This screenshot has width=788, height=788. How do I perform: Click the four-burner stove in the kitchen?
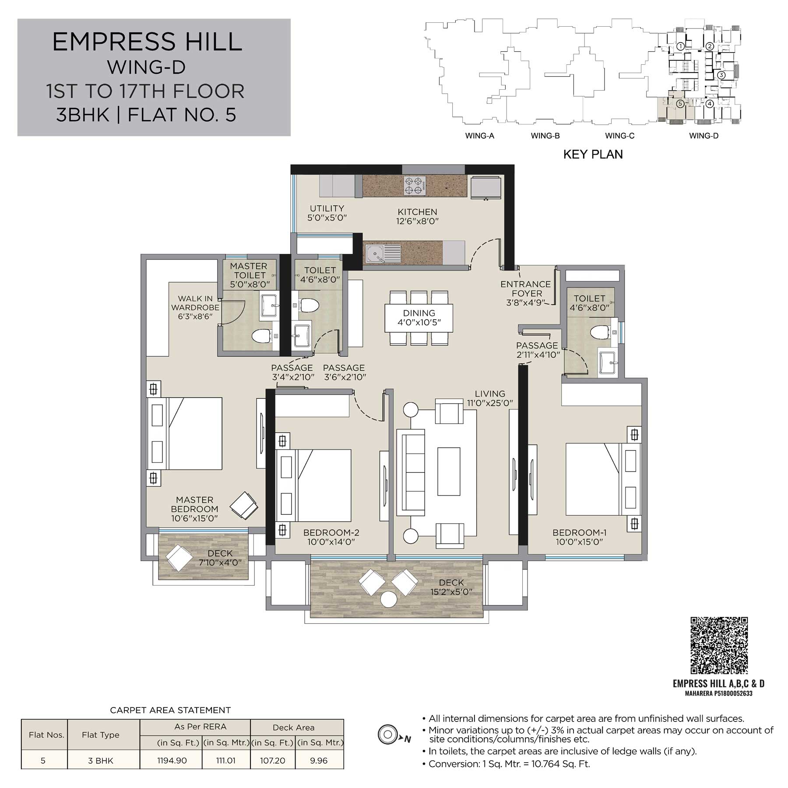(x=415, y=185)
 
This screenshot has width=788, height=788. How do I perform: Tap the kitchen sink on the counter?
(x=383, y=254)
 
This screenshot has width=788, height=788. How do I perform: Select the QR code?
(x=719, y=645)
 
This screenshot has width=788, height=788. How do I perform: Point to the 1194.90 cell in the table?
(x=172, y=760)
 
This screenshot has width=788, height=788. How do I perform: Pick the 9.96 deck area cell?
(x=319, y=760)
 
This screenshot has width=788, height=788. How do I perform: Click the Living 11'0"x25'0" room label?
(x=490, y=398)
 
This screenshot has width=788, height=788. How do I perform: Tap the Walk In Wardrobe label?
(x=195, y=307)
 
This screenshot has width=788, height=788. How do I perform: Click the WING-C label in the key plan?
(x=619, y=136)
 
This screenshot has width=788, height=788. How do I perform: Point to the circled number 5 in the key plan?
(x=680, y=104)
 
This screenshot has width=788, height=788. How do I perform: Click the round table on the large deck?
(x=388, y=599)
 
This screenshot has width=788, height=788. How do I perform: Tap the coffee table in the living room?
(x=449, y=471)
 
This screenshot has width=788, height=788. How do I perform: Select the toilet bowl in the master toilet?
(x=262, y=336)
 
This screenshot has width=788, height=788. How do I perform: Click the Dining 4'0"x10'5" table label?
(x=419, y=318)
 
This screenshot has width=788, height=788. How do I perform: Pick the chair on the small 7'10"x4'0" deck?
(x=178, y=557)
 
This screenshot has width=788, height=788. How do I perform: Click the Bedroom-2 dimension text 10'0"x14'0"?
(x=331, y=542)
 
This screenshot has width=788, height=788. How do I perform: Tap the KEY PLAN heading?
(x=593, y=154)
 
